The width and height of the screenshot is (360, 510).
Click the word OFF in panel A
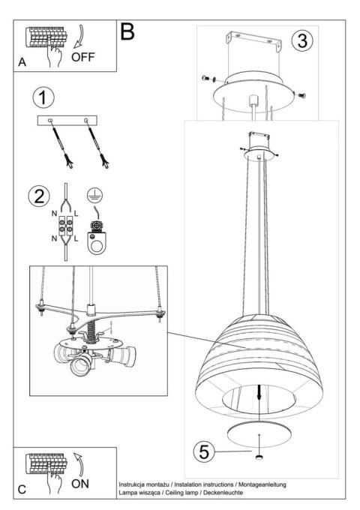point(83,57)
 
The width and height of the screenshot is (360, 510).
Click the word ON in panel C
point(80,484)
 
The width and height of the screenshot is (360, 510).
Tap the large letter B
point(127,31)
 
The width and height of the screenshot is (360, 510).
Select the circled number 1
point(43,97)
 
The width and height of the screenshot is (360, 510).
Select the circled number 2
point(39,196)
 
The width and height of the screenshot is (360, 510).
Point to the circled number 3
point(302,40)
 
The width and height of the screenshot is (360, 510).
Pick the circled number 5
point(204,451)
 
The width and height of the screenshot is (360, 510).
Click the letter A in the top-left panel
point(22,61)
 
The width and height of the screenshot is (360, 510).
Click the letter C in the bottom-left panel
point(22,490)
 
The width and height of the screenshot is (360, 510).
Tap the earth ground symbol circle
point(94,196)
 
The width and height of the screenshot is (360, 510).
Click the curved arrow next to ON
point(78,463)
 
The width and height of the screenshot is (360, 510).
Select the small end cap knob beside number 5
point(259,457)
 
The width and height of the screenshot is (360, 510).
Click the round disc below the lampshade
point(259,435)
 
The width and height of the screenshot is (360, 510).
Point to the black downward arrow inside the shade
point(259,392)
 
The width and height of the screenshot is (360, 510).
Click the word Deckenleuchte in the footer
point(223,493)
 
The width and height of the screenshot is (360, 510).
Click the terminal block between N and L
point(65,226)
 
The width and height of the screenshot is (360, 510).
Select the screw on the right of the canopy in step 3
point(302,96)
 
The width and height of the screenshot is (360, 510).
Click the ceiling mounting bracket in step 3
point(254,40)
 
